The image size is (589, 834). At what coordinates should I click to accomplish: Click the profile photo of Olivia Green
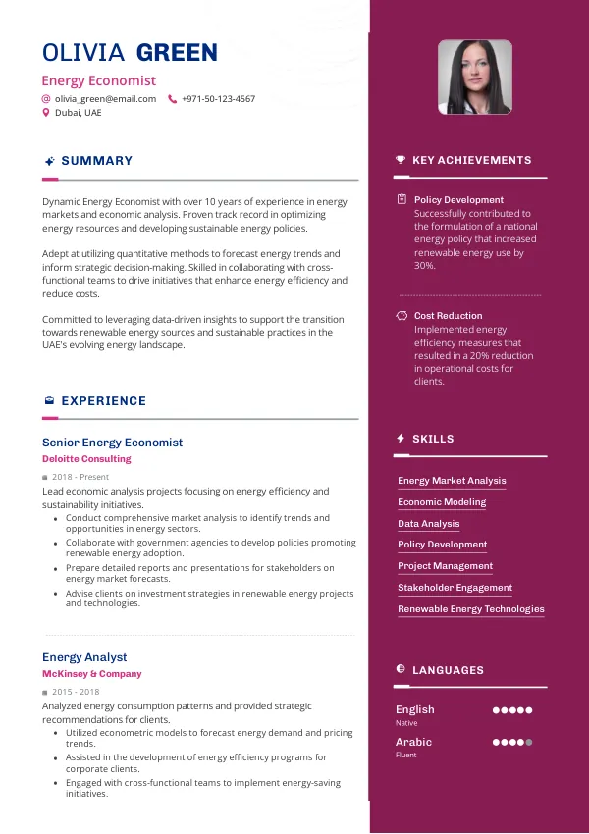(x=475, y=77)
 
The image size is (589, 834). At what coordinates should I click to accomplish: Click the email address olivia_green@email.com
(x=105, y=99)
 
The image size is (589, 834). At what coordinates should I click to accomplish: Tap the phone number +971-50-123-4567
(x=218, y=99)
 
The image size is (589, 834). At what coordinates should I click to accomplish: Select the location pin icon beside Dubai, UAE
(x=45, y=113)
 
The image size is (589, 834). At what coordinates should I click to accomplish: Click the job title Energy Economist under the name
(x=98, y=81)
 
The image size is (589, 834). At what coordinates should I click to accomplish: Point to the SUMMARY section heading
(x=96, y=161)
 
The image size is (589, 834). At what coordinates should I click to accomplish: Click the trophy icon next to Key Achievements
(x=401, y=160)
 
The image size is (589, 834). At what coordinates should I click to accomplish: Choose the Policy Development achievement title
(x=458, y=200)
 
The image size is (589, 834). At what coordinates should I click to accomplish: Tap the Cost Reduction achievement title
(x=448, y=316)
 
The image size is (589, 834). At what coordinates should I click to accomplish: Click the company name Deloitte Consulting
(x=86, y=459)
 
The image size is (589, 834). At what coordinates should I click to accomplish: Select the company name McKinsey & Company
(x=92, y=674)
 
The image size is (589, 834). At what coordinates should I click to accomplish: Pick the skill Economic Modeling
(x=442, y=502)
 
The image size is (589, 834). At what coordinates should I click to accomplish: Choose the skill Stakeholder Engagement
(x=455, y=588)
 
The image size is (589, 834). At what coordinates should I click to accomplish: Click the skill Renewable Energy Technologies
(x=471, y=609)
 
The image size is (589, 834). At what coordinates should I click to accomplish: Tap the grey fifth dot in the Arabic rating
(x=529, y=742)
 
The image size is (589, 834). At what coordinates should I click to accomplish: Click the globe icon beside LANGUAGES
(x=401, y=669)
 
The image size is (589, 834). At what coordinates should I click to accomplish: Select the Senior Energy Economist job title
(x=112, y=443)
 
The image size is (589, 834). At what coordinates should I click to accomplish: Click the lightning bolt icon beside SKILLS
(x=401, y=439)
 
